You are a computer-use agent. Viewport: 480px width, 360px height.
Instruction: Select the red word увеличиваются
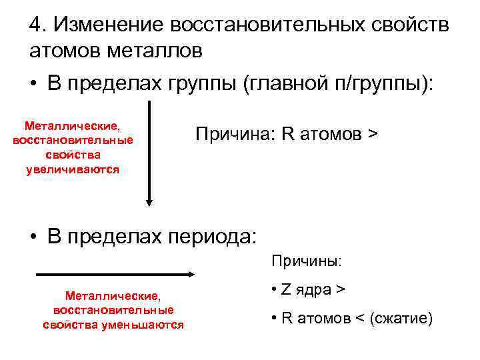tap(73, 170)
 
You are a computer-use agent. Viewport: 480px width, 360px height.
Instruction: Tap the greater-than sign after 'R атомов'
tap(371, 134)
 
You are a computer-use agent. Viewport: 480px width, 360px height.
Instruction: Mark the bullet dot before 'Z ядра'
tap(275, 291)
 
